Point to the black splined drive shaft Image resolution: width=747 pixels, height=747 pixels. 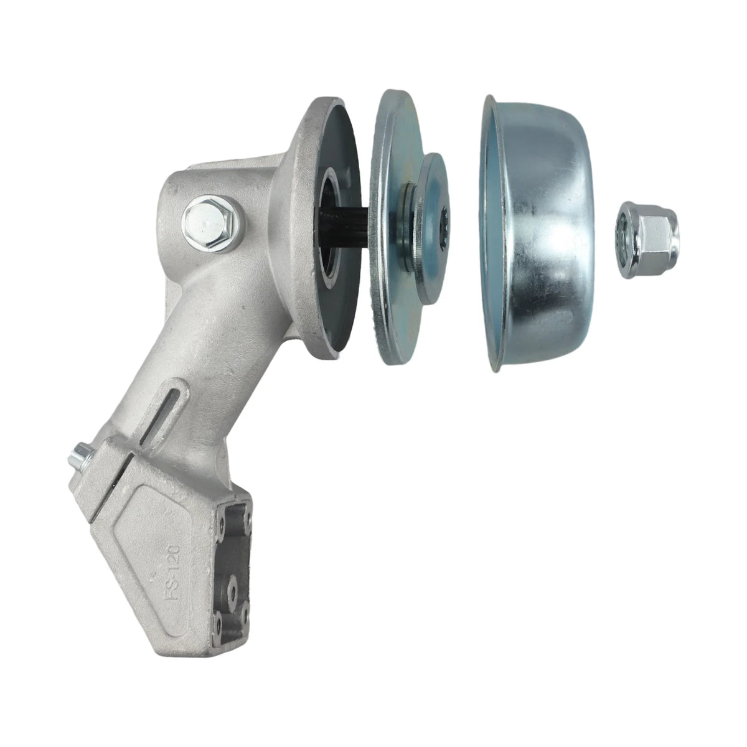pos(344,228)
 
